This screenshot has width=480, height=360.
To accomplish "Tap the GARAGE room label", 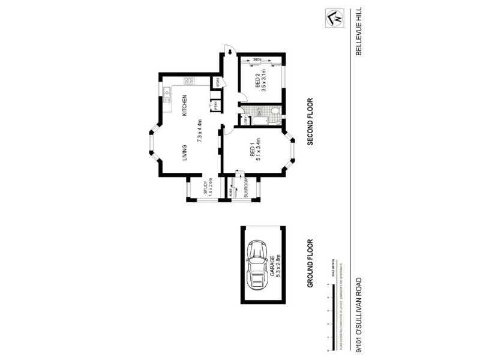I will click(x=272, y=265).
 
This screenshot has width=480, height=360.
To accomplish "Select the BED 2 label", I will click(x=257, y=80).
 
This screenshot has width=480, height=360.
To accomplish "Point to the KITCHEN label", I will click(x=185, y=106).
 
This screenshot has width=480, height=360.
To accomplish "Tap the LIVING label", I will click(x=185, y=152).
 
